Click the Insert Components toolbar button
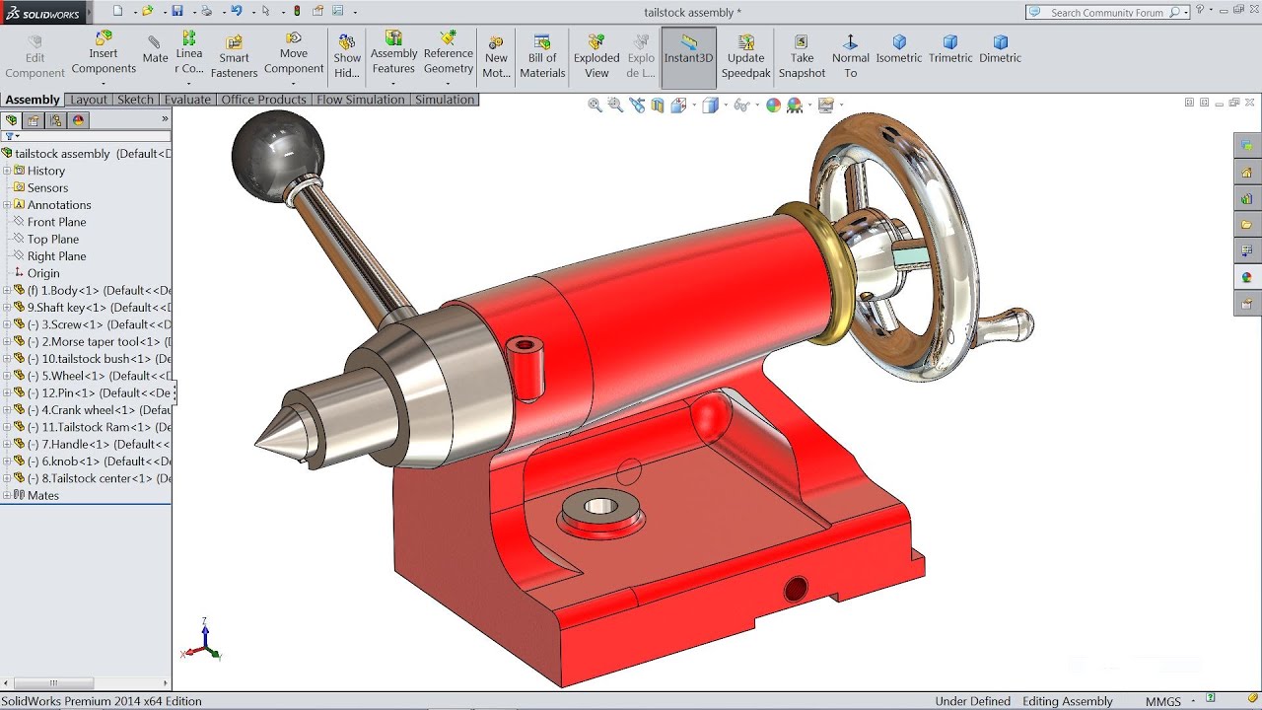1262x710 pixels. (104, 54)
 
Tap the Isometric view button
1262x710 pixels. (899, 49)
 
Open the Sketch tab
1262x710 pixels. (135, 100)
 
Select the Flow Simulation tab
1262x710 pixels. (360, 100)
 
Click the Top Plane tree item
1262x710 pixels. (53, 239)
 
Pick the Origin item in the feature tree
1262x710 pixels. (43, 273)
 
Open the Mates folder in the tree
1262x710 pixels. (43, 495)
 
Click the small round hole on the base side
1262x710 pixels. (795, 590)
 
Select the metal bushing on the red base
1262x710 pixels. (598, 509)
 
